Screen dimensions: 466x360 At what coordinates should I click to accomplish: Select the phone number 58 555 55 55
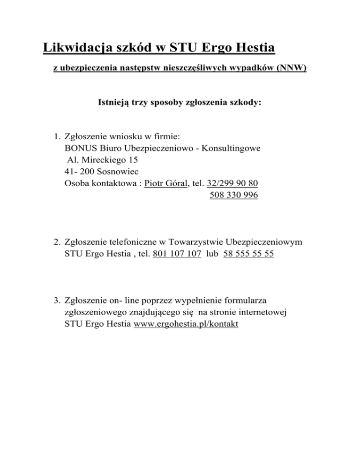(249, 254)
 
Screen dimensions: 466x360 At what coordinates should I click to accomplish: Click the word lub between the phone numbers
(212, 254)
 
